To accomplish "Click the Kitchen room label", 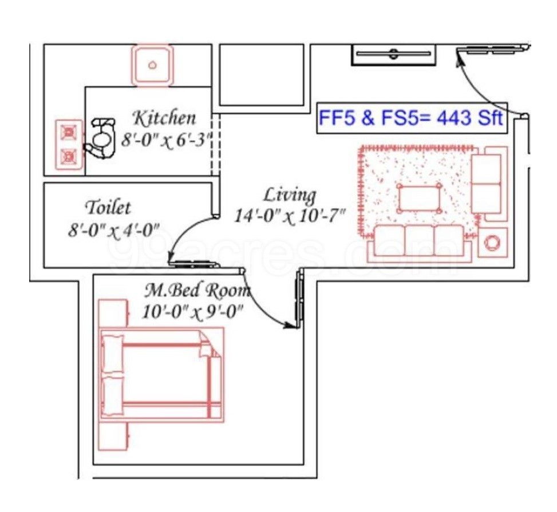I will click(164, 118).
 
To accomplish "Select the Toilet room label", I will click(108, 207).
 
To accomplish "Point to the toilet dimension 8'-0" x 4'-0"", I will click(113, 230).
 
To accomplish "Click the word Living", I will click(289, 195).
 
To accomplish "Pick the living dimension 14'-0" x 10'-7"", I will click(290, 216).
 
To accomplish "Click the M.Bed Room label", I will click(197, 291).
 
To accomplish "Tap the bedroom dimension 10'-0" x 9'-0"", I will click(193, 312).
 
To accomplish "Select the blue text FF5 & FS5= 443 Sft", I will click(411, 118).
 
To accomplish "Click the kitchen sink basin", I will click(152, 65).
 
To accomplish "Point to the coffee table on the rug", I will click(420, 198).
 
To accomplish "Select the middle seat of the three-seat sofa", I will click(420, 240).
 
